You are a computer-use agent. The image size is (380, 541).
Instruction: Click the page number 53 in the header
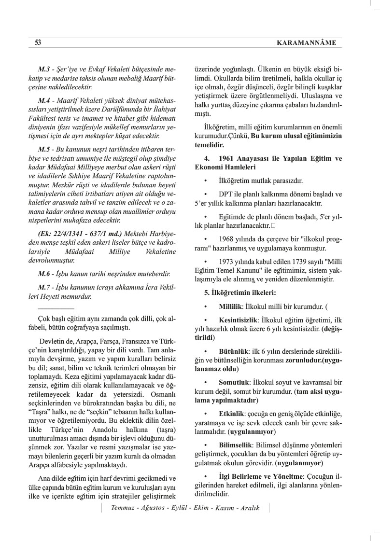click(x=38, y=43)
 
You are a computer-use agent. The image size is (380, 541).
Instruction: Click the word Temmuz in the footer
click(x=123, y=508)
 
